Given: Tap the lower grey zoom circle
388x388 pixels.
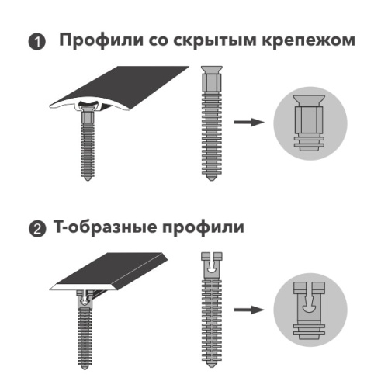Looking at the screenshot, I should pyautogui.click(x=308, y=310).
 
